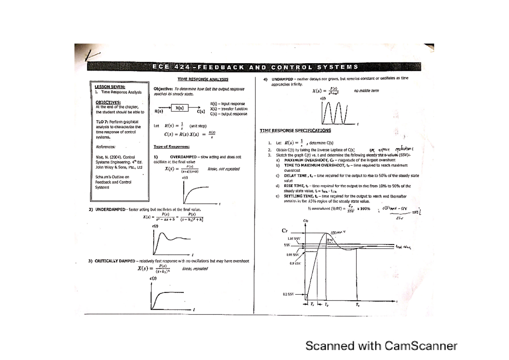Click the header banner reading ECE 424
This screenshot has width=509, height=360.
255,67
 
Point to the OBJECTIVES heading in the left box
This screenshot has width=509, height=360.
108,102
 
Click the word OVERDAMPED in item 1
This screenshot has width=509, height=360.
184,157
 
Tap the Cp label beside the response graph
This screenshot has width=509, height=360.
285,231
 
